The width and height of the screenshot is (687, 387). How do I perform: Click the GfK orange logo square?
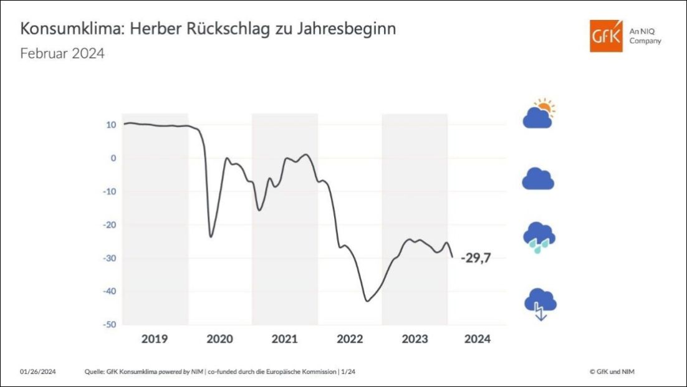point(606,36)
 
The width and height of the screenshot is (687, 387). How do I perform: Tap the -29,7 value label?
point(476,258)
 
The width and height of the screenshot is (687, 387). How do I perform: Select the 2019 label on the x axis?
point(155,339)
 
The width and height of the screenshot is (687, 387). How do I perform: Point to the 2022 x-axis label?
point(350,339)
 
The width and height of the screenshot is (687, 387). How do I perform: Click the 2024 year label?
point(478,339)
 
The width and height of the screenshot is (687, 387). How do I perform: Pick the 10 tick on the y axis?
point(111,125)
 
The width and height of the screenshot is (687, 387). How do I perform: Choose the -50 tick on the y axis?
point(108,325)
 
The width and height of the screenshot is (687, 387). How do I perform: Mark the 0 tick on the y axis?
point(113,158)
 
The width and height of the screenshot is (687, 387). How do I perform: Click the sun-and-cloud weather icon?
point(539,113)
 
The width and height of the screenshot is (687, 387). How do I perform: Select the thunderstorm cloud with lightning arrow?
point(540,303)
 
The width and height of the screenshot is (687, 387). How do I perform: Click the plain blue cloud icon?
point(538,179)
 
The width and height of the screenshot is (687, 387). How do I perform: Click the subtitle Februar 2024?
point(62,54)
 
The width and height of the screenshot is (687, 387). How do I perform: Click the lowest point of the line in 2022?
point(367,301)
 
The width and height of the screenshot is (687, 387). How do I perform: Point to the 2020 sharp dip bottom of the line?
point(211,237)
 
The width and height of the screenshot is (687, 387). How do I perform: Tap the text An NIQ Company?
point(645,36)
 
